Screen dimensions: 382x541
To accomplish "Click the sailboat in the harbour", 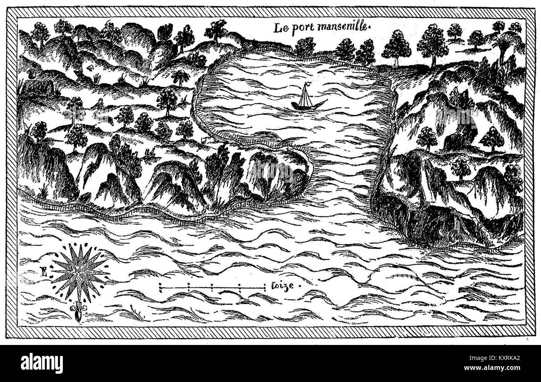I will (307, 98).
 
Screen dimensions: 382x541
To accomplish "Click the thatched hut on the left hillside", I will (37, 88).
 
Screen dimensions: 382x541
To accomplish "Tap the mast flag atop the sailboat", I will (306, 85).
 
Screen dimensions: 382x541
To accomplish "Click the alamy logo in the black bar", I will (42, 363).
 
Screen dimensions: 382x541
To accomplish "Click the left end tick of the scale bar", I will (161, 287).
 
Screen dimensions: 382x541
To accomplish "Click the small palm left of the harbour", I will (180, 77).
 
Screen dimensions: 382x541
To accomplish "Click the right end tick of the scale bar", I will (265, 286).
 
